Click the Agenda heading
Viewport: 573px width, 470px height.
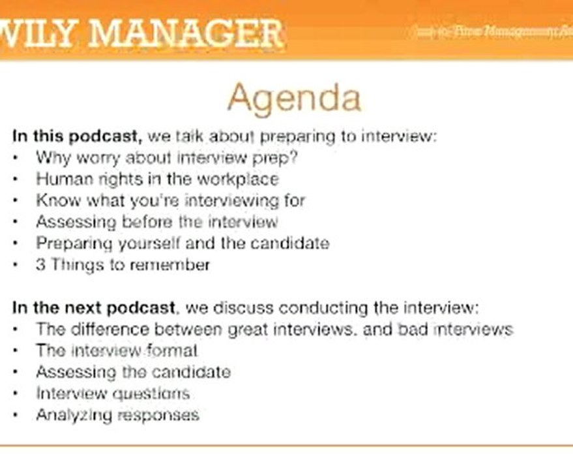pyautogui.click(x=293, y=99)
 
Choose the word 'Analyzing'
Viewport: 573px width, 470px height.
pyautogui.click(x=71, y=415)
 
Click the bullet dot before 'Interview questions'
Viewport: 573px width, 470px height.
pyautogui.click(x=16, y=394)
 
